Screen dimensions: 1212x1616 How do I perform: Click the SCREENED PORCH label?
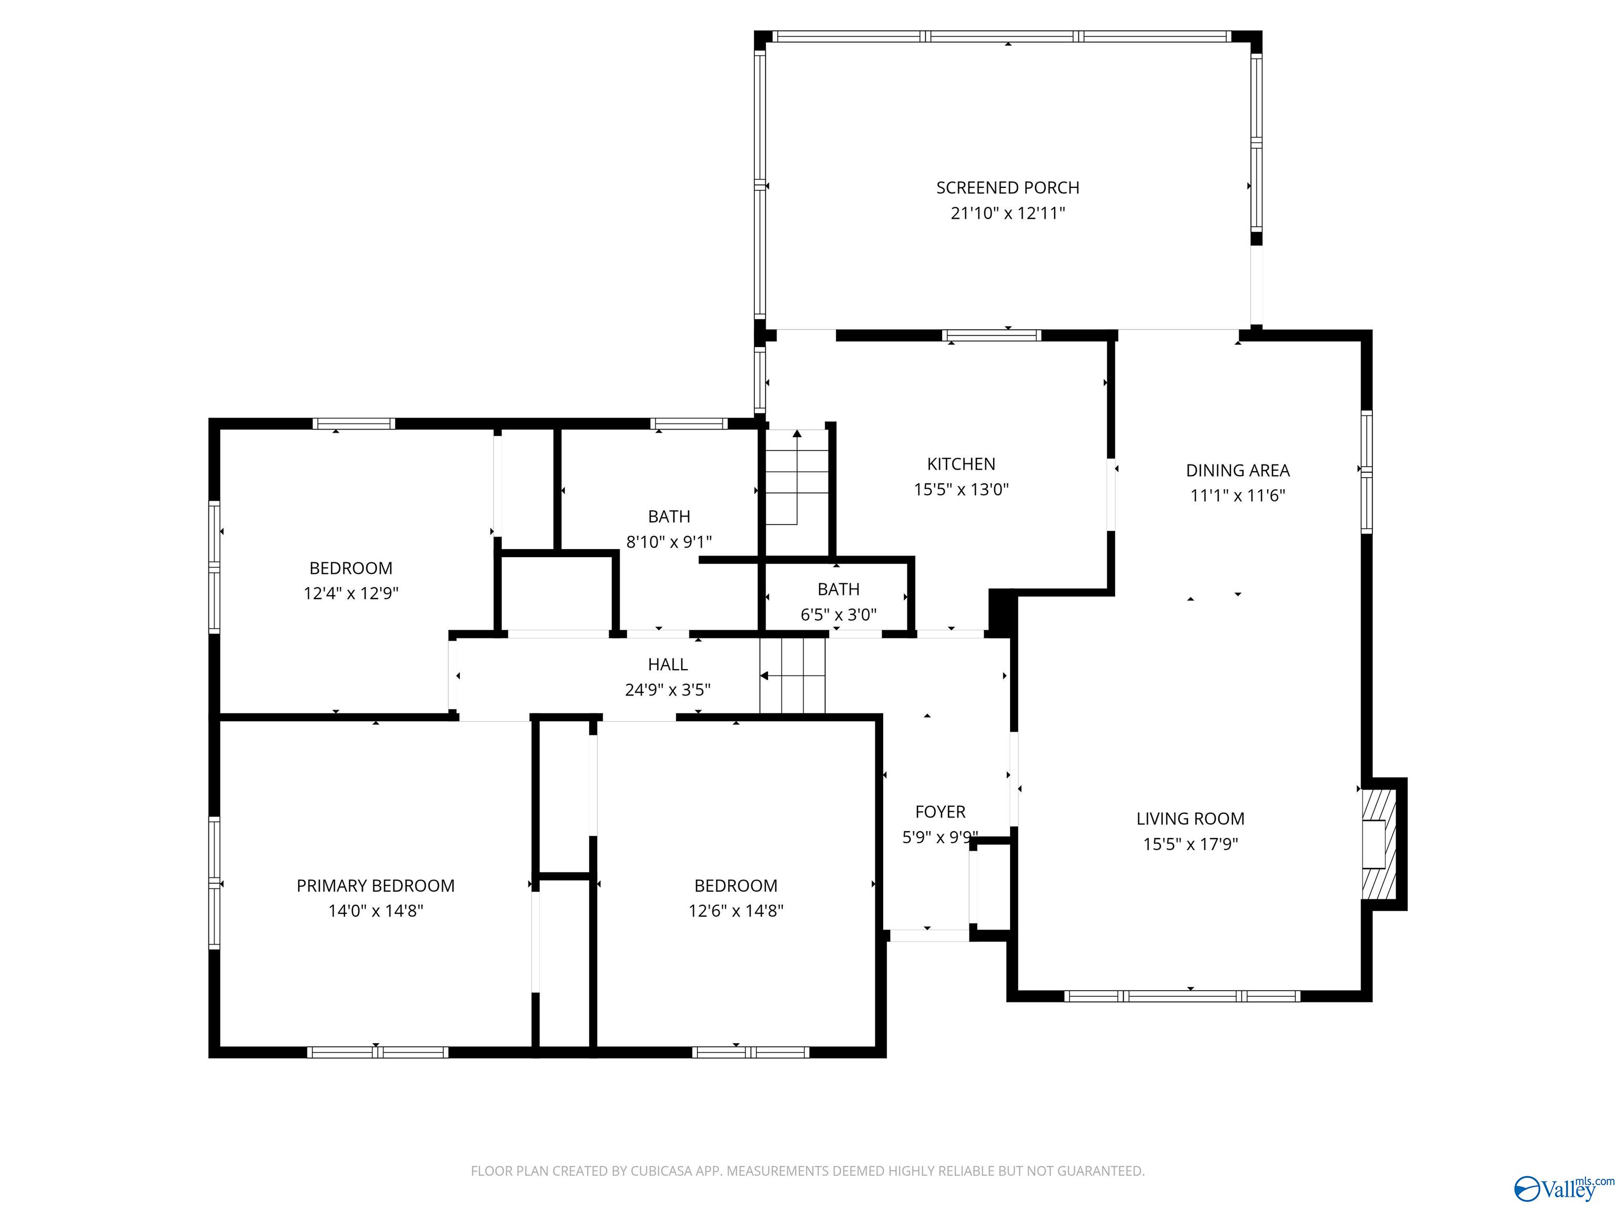tap(1007, 188)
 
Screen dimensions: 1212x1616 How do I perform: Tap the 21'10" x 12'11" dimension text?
tap(1007, 214)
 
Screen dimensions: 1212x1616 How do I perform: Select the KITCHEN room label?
tap(961, 464)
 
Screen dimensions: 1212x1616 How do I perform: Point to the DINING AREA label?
tap(1238, 470)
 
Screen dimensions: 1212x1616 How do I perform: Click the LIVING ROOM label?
tap(1190, 819)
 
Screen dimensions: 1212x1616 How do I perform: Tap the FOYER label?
tap(940, 812)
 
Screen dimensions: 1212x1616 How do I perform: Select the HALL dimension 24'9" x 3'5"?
tap(668, 690)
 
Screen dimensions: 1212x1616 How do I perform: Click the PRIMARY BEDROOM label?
tap(376, 885)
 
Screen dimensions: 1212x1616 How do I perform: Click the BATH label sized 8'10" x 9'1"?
tap(669, 517)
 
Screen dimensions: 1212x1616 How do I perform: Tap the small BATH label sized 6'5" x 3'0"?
tap(838, 589)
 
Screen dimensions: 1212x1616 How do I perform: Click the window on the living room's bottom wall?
tap(1182, 996)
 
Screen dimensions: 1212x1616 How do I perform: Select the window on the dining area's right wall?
tap(1366, 471)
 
